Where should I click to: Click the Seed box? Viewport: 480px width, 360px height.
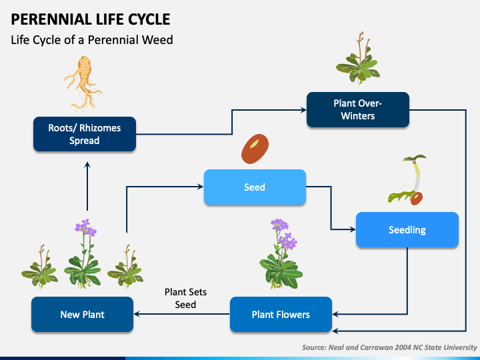[255, 187]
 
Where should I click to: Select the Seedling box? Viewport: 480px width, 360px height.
[407, 229]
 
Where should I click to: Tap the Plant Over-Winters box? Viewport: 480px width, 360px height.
[358, 109]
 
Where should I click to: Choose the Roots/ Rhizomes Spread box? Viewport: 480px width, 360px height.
[85, 134]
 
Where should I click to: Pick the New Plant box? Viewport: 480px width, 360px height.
[83, 315]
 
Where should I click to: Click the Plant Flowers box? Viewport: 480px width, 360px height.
[281, 315]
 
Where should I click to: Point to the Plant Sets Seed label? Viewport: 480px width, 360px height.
[185, 298]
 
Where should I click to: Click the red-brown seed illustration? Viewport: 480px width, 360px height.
[255, 149]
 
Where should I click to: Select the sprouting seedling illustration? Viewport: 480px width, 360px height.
[408, 180]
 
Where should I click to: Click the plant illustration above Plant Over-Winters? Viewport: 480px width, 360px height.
[358, 58]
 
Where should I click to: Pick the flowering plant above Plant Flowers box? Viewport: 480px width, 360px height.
[281, 254]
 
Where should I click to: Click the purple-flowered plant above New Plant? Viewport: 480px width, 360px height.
[83, 254]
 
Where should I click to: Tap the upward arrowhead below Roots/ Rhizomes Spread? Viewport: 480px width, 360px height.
[87, 165]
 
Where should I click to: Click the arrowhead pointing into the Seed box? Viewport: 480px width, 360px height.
[200, 187]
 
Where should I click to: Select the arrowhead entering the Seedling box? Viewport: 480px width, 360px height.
[353, 229]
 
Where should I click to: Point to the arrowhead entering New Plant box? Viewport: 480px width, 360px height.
[137, 314]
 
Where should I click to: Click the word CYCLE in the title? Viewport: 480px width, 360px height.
[149, 19]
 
